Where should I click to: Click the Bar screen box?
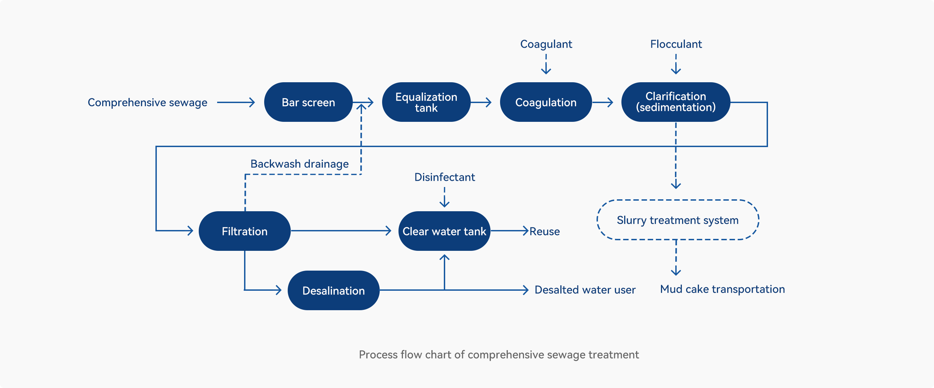(308, 102)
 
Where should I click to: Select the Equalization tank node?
(426, 102)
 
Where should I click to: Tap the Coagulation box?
(546, 102)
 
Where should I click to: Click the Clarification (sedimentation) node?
(676, 102)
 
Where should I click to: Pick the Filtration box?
(244, 231)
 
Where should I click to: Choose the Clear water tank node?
(444, 231)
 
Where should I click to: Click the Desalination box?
(334, 290)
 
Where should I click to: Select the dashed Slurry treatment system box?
(678, 200)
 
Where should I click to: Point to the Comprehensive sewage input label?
(148, 102)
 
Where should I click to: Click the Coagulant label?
(546, 44)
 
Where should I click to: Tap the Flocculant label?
(676, 44)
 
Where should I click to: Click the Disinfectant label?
(445, 177)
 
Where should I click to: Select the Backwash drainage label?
(300, 164)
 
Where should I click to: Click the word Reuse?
(545, 231)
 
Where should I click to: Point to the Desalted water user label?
(585, 290)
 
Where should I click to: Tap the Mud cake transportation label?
(722, 289)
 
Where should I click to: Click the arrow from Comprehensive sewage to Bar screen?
(236, 102)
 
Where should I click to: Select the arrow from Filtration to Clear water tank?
(341, 230)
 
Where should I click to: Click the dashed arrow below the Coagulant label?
(546, 64)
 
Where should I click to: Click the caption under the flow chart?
(499, 355)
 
